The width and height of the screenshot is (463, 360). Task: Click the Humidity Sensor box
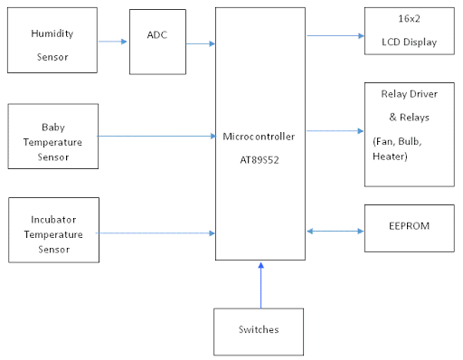(x=52, y=42)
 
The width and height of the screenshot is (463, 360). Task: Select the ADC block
(x=157, y=42)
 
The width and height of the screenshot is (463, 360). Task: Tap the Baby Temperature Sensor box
(x=52, y=136)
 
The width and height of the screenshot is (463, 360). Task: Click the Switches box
(x=260, y=331)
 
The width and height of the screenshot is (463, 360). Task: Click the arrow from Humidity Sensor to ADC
(x=112, y=42)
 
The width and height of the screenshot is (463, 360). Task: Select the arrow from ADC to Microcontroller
(x=200, y=43)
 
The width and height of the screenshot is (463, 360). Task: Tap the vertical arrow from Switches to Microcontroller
(x=260, y=284)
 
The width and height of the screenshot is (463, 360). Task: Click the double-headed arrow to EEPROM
(x=335, y=232)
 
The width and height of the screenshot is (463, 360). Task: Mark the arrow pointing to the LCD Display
(x=335, y=36)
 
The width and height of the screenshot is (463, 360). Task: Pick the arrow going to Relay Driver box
(x=335, y=130)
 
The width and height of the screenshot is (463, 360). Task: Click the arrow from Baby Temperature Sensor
(x=156, y=137)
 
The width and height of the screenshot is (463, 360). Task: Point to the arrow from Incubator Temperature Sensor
(x=156, y=233)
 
